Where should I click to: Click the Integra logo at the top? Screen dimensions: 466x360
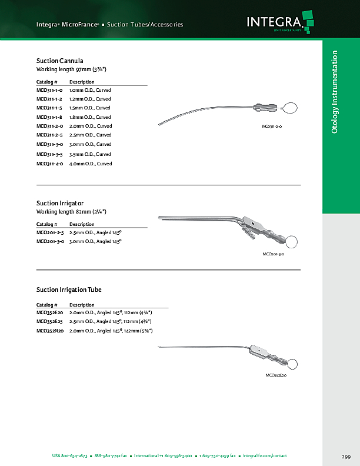coord(277,23)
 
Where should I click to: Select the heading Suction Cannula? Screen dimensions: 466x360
coord(59,61)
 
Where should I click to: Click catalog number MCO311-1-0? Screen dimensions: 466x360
coord(49,90)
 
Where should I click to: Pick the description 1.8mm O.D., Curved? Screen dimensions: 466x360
coord(90,117)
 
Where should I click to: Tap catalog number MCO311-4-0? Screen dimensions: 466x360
coord(49,164)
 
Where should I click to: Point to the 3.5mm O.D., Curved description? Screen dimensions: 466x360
coord(90,154)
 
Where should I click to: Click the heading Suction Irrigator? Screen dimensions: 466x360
coord(59,203)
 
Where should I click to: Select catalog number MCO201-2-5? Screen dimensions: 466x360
coord(49,233)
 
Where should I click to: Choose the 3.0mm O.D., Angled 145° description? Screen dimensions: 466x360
coord(95,242)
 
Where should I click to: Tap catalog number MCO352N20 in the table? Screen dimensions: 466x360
coord(49,331)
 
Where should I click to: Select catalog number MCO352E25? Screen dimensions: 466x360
coord(49,322)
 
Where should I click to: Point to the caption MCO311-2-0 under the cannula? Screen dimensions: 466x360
coord(272,127)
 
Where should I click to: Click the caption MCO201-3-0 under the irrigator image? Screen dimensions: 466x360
coord(274,254)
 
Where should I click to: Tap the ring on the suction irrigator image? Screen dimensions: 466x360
coord(291,241)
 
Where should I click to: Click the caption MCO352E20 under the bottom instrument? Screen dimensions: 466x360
coord(276,375)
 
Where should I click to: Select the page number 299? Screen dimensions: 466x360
coord(346,457)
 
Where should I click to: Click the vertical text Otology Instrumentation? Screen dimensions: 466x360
coord(335,91)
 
